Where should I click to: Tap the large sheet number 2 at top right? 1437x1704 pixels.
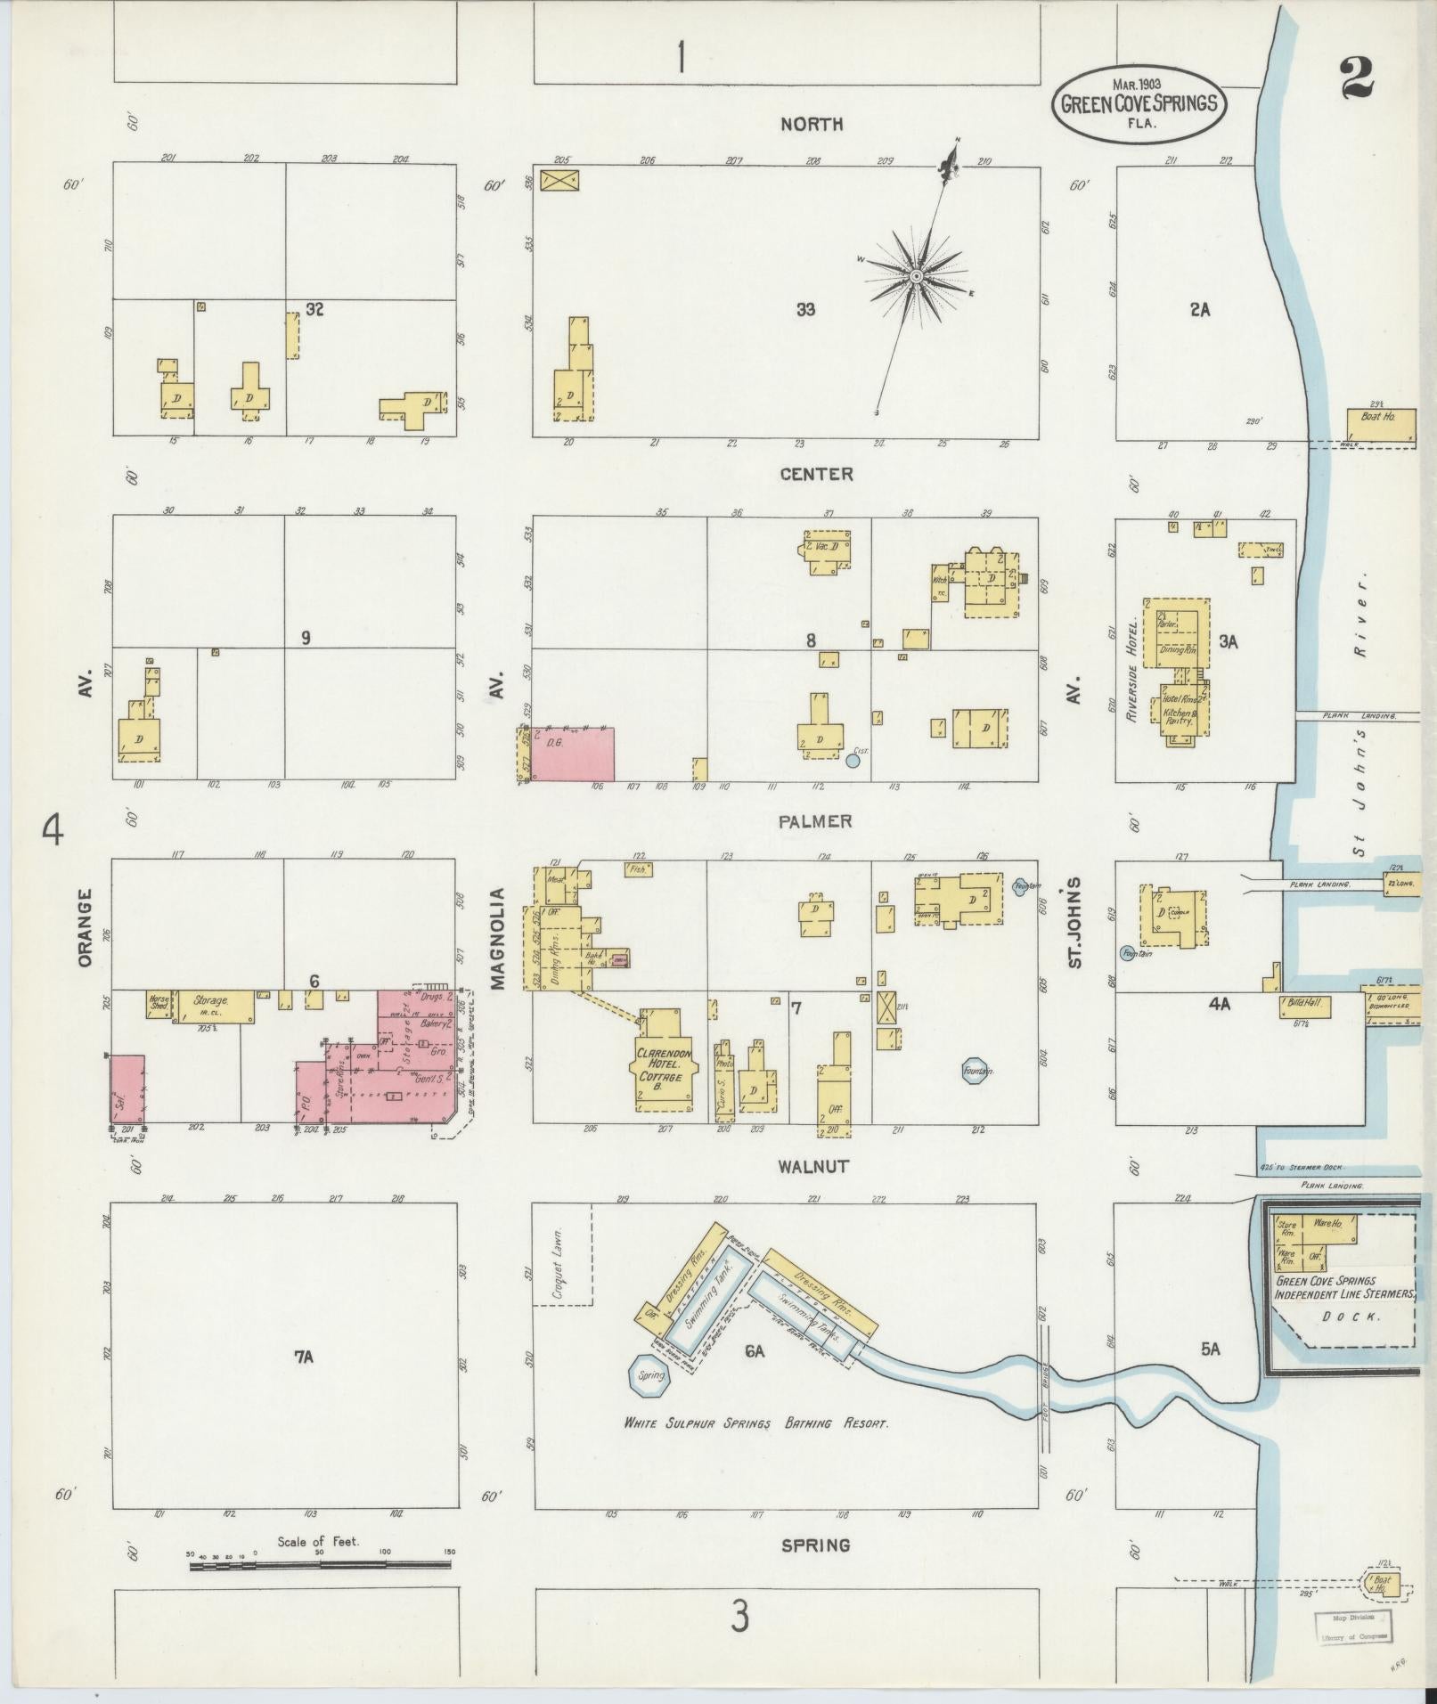(1356, 77)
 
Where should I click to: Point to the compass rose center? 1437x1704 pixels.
(915, 278)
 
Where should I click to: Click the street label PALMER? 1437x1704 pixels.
(815, 821)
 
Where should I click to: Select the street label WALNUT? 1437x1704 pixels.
(812, 1166)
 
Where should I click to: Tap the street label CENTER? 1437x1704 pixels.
(816, 474)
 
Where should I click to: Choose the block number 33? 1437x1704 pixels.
(805, 309)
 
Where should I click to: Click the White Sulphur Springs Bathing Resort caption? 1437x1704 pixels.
(755, 1423)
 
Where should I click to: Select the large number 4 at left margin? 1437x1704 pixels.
(53, 831)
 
